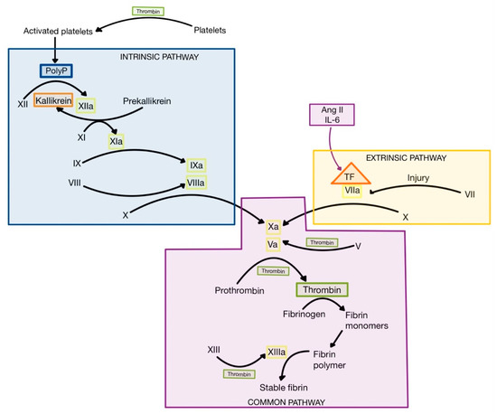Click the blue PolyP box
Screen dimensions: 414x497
(54, 70)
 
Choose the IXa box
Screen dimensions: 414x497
(196, 166)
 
